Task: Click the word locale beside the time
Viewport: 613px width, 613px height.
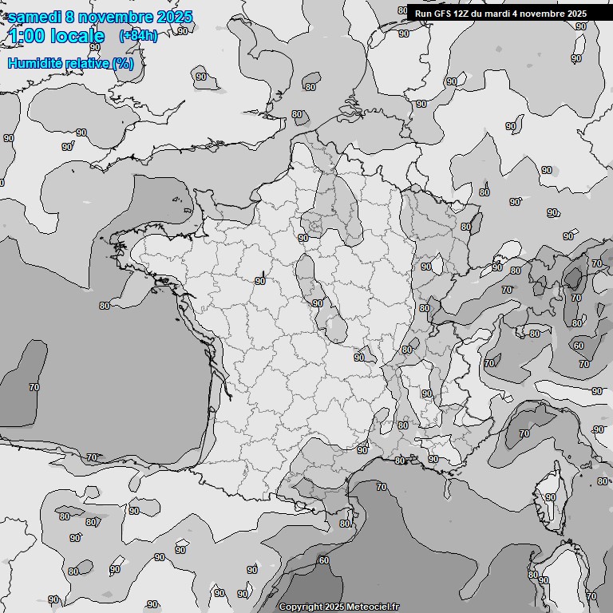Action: [x=77, y=36]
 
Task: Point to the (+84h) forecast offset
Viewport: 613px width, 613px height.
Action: [x=138, y=36]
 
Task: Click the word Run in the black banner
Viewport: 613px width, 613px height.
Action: [x=423, y=14]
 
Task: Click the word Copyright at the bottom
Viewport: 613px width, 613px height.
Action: [x=303, y=607]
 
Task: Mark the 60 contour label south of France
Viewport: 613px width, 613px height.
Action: [x=323, y=560]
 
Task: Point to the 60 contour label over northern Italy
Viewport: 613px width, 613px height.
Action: [x=579, y=346]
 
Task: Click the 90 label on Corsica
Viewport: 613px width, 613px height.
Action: [x=550, y=497]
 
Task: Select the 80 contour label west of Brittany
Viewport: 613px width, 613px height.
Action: [x=105, y=306]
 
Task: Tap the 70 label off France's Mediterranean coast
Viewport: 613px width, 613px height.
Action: [x=382, y=487]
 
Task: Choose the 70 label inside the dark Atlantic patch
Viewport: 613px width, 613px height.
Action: [x=34, y=387]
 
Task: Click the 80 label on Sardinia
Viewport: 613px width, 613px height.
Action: [x=533, y=574]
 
